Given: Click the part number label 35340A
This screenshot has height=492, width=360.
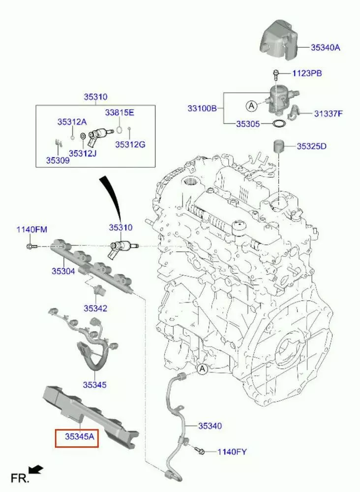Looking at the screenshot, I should [326, 48].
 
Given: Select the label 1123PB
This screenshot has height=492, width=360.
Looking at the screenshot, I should [307, 73].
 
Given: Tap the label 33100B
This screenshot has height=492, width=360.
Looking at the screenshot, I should [202, 108].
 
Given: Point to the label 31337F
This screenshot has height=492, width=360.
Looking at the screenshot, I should [329, 114].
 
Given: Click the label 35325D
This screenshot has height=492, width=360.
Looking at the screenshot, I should [312, 146].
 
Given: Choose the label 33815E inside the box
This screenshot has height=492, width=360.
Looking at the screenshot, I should [119, 113].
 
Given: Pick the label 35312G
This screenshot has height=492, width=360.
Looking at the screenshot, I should [130, 144].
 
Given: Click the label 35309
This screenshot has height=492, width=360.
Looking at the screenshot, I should [58, 160].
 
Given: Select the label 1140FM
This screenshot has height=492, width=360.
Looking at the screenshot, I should [32, 229].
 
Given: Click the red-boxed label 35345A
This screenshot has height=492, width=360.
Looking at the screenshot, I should [77, 436].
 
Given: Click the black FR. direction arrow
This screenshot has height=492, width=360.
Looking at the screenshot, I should [36, 471].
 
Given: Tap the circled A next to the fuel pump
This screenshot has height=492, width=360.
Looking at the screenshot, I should [251, 105].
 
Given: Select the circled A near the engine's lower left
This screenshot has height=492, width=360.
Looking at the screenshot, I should [202, 369].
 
